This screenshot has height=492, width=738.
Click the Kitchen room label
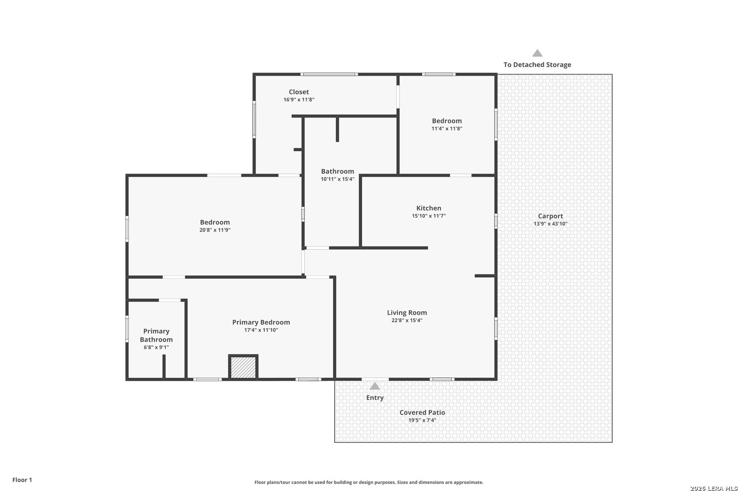coord(429,208)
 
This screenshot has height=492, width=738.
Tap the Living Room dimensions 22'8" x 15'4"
coord(407,320)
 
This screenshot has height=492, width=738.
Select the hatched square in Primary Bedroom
coord(243,367)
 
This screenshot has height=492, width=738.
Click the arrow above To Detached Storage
coord(538,53)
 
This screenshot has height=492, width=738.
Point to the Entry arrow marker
coord(375,386)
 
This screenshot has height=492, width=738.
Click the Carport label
coord(550,216)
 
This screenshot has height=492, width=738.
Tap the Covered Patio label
coord(422,412)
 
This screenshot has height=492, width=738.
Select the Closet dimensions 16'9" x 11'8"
coord(299,99)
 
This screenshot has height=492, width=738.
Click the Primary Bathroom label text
coord(156,335)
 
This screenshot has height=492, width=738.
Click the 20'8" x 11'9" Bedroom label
coord(215,226)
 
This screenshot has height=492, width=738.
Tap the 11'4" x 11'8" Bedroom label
coord(447,124)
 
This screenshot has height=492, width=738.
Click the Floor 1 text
coord(22,480)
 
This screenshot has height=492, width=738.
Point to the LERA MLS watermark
coord(713,488)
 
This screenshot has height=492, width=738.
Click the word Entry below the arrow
coord(375,398)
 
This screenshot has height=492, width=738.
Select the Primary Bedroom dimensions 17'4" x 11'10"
coord(261,330)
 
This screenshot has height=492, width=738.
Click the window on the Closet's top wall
coord(329,74)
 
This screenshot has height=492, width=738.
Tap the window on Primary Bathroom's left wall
coord(127,328)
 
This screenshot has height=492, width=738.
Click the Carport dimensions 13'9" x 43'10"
coord(550,224)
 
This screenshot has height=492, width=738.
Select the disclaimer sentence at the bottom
coord(369,482)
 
